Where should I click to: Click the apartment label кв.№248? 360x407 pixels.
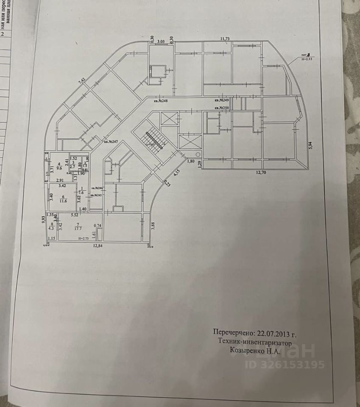click(x=161, y=100)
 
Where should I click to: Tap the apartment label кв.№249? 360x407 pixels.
click(x=221, y=100)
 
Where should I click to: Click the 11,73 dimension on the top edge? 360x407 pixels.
click(x=225, y=39)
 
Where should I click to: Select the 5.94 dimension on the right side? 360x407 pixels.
click(x=310, y=145)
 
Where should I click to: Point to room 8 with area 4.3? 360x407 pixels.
click(x=52, y=226)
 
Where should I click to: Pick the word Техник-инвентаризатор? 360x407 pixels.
click(x=255, y=342)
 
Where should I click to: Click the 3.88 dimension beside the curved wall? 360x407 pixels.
click(x=153, y=226)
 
